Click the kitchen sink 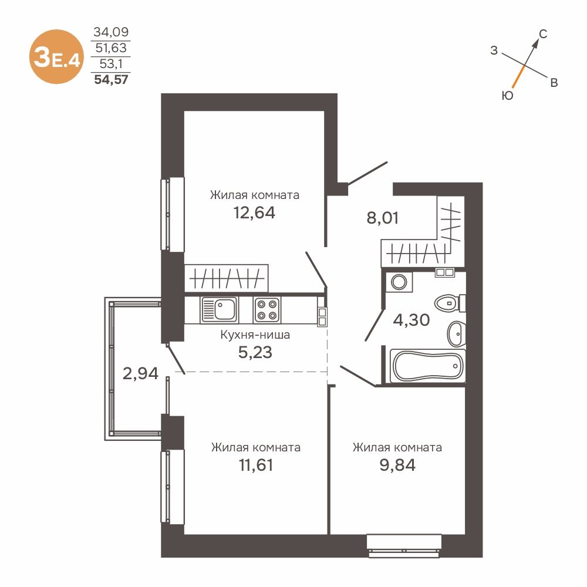click(x=219, y=310)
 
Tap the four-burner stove click(x=267, y=310)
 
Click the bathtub click(x=427, y=366)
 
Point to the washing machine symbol click(x=399, y=282)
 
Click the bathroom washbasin click(x=456, y=333)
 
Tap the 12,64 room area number click(x=254, y=212)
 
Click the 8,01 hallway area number click(x=382, y=218)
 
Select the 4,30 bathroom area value click(x=411, y=320)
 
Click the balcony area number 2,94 click(x=140, y=373)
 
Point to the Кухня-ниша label click(x=255, y=335)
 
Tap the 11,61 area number click(x=256, y=465)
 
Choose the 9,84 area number click(x=397, y=465)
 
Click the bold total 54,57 click(x=111, y=80)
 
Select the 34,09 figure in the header click(x=111, y=32)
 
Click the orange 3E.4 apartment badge click(x=56, y=57)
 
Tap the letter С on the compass click(x=543, y=34)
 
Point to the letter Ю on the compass click(x=507, y=96)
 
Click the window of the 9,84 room click(x=404, y=546)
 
